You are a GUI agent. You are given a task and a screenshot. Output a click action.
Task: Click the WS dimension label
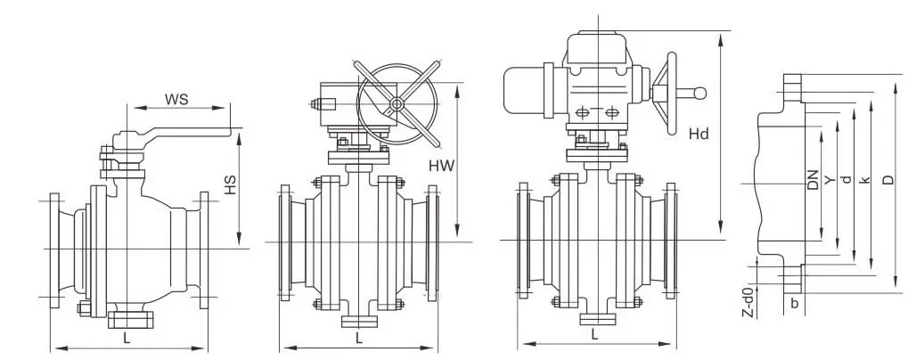coord(176,99)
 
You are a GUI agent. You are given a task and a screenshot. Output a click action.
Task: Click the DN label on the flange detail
coord(813,183)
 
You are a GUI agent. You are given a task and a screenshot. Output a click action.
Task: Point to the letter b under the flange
coord(794,302)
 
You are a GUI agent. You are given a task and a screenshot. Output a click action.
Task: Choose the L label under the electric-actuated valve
coord(594,333)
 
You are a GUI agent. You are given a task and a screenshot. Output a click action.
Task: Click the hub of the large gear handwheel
coord(395,106)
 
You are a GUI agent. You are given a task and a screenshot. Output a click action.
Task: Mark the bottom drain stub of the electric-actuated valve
coord(594,316)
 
